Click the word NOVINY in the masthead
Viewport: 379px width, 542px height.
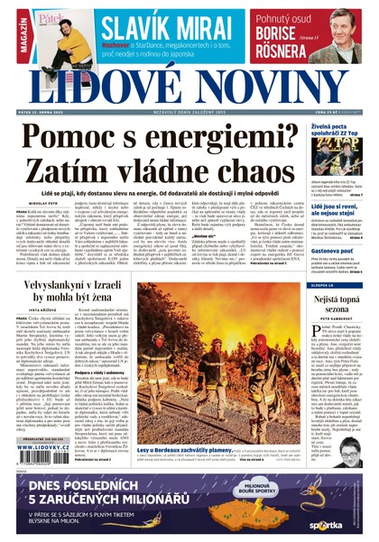click(271, 87)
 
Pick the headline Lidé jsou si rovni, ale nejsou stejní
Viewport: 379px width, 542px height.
click(335, 211)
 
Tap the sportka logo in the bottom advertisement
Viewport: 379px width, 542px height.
click(326, 523)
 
